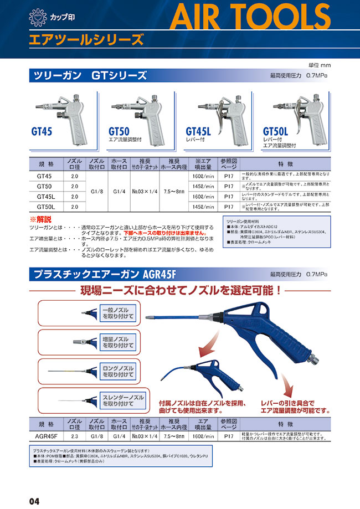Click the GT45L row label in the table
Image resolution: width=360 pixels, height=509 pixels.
point(45,197)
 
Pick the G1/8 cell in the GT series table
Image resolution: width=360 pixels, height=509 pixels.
point(97,192)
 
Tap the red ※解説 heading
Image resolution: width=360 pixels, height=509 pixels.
point(39,219)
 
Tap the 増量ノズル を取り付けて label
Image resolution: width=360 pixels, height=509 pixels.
point(117,342)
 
